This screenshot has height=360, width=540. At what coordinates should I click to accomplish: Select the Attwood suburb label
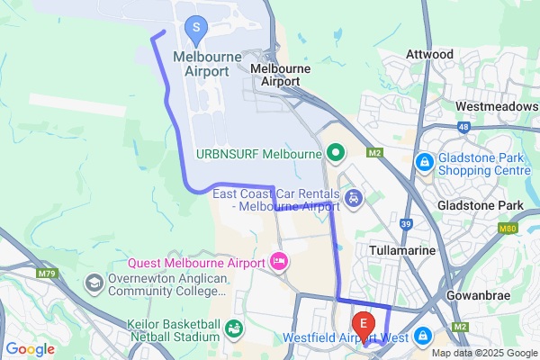coord(429,54)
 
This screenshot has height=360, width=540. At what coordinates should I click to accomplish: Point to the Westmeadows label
coord(497,106)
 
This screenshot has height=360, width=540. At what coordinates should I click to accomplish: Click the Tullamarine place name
coord(403,249)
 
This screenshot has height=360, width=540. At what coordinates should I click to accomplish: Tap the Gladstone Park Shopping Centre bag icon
coord(423,162)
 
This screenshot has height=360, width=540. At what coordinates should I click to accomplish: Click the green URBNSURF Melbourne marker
coord(336,154)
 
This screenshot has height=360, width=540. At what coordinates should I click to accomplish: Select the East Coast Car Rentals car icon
coord(354,197)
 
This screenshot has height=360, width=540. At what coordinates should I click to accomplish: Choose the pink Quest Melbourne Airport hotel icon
coord(279,263)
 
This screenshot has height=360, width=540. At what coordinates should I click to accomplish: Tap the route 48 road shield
coord(463,127)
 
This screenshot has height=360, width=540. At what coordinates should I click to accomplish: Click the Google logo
coord(30,349)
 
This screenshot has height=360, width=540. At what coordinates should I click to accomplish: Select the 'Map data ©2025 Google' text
coord(482,353)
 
